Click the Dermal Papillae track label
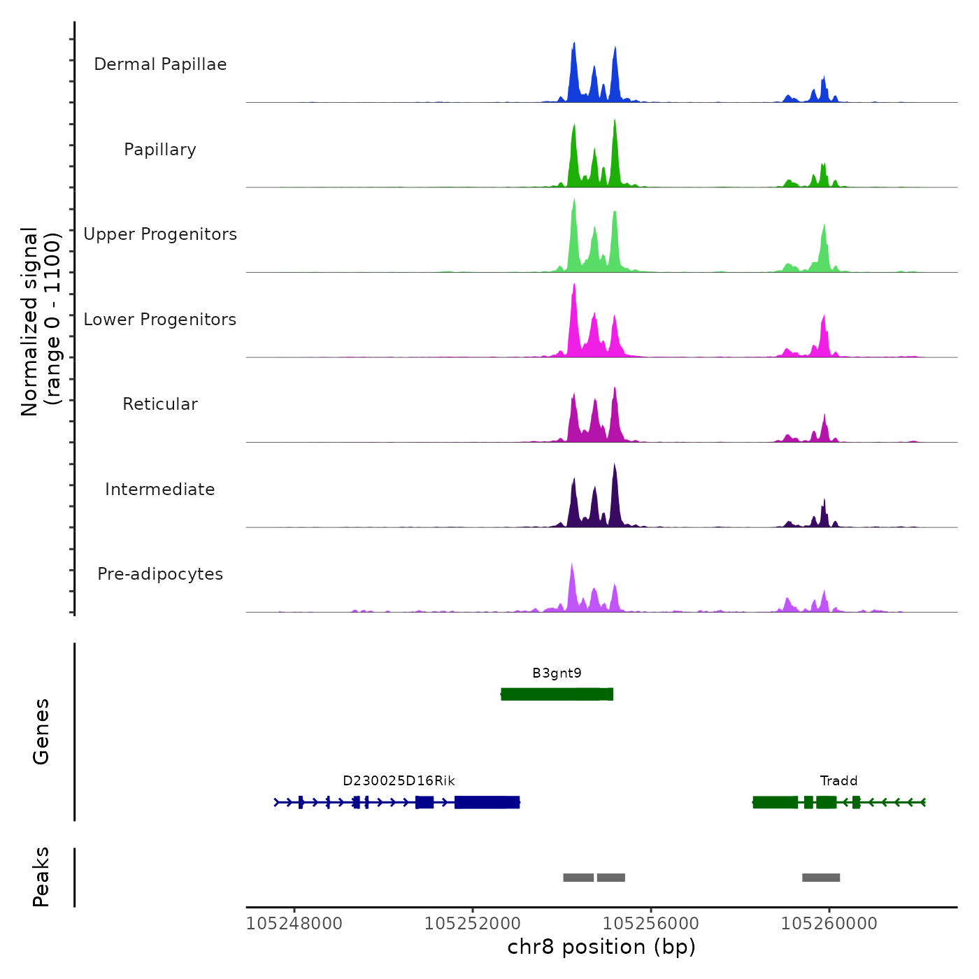click(x=160, y=64)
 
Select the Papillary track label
click(x=160, y=150)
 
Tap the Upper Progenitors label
click(x=160, y=234)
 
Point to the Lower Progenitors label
click(x=160, y=320)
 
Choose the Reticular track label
click(x=160, y=404)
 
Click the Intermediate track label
click(x=160, y=489)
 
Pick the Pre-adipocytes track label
click(x=160, y=574)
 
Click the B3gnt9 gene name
click(x=557, y=673)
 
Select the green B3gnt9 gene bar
click(x=557, y=694)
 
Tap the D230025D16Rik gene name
click(x=399, y=781)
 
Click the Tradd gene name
click(x=838, y=781)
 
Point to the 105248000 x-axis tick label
click(x=294, y=924)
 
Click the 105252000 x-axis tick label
click(x=473, y=924)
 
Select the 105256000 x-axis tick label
click(x=651, y=924)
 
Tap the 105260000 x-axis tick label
click(x=829, y=924)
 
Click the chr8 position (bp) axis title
click(x=601, y=947)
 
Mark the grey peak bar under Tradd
click(x=821, y=878)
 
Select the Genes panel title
click(x=41, y=731)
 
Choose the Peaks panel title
click(x=41, y=877)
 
